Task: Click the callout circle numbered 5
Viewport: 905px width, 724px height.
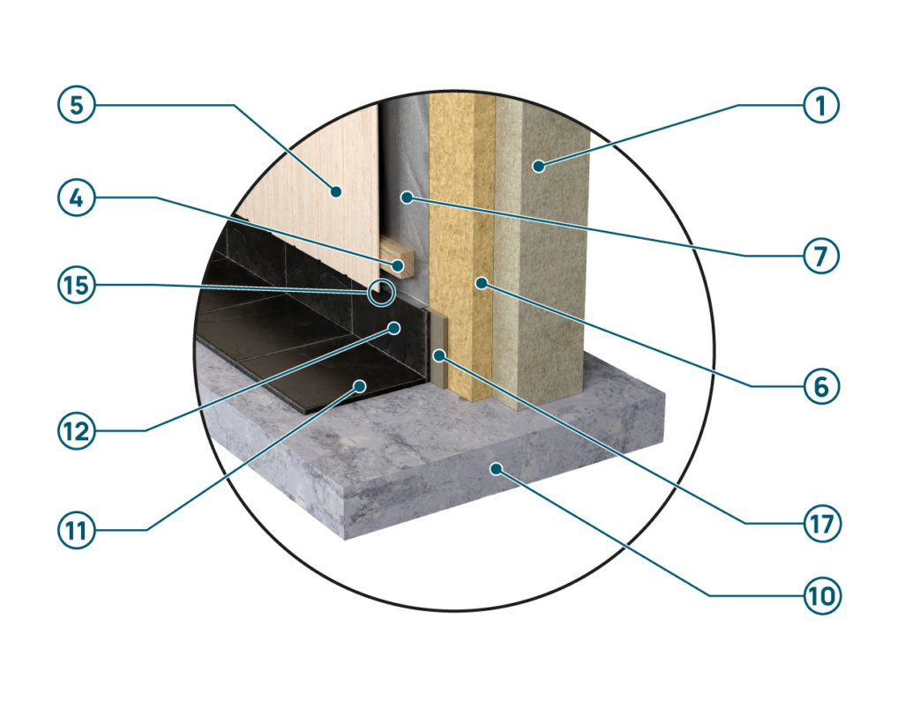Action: click(x=76, y=105)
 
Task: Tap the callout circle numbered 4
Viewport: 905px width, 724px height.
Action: click(x=76, y=198)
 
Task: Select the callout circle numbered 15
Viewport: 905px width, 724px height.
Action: click(x=76, y=285)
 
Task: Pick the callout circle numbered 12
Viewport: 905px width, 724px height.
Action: click(x=76, y=431)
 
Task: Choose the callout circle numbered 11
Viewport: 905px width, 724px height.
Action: click(x=76, y=530)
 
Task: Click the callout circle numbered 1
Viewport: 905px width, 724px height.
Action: click(x=820, y=105)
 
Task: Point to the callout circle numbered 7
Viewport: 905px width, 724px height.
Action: click(x=820, y=256)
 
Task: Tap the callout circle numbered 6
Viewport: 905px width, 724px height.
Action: click(x=821, y=386)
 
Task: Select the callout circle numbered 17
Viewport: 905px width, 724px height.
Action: click(x=822, y=524)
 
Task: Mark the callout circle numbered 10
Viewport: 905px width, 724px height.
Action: click(x=822, y=595)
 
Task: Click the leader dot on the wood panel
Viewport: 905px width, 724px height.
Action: click(x=335, y=191)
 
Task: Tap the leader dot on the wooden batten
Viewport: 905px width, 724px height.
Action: click(x=398, y=265)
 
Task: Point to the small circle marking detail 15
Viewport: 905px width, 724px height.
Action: click(x=382, y=292)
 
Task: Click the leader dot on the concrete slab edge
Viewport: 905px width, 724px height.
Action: click(x=496, y=468)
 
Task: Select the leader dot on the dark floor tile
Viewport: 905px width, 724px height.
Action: click(x=360, y=385)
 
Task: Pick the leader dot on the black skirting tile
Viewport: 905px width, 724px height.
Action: click(x=394, y=328)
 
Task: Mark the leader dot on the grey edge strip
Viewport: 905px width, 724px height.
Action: click(x=440, y=355)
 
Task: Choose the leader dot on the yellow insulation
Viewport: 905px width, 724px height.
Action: click(x=481, y=282)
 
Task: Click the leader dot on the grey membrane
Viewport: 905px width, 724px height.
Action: click(x=407, y=198)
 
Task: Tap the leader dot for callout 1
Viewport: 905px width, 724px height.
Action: click(x=538, y=166)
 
